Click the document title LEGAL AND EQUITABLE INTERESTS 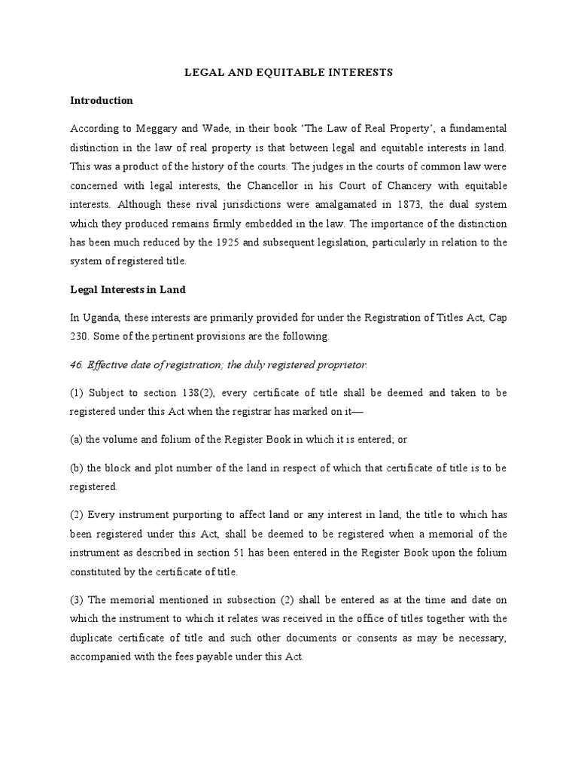click(288, 73)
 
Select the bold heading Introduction click(102, 100)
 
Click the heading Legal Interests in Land click(128, 290)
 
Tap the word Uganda click(103, 317)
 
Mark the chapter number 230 click(80, 336)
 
